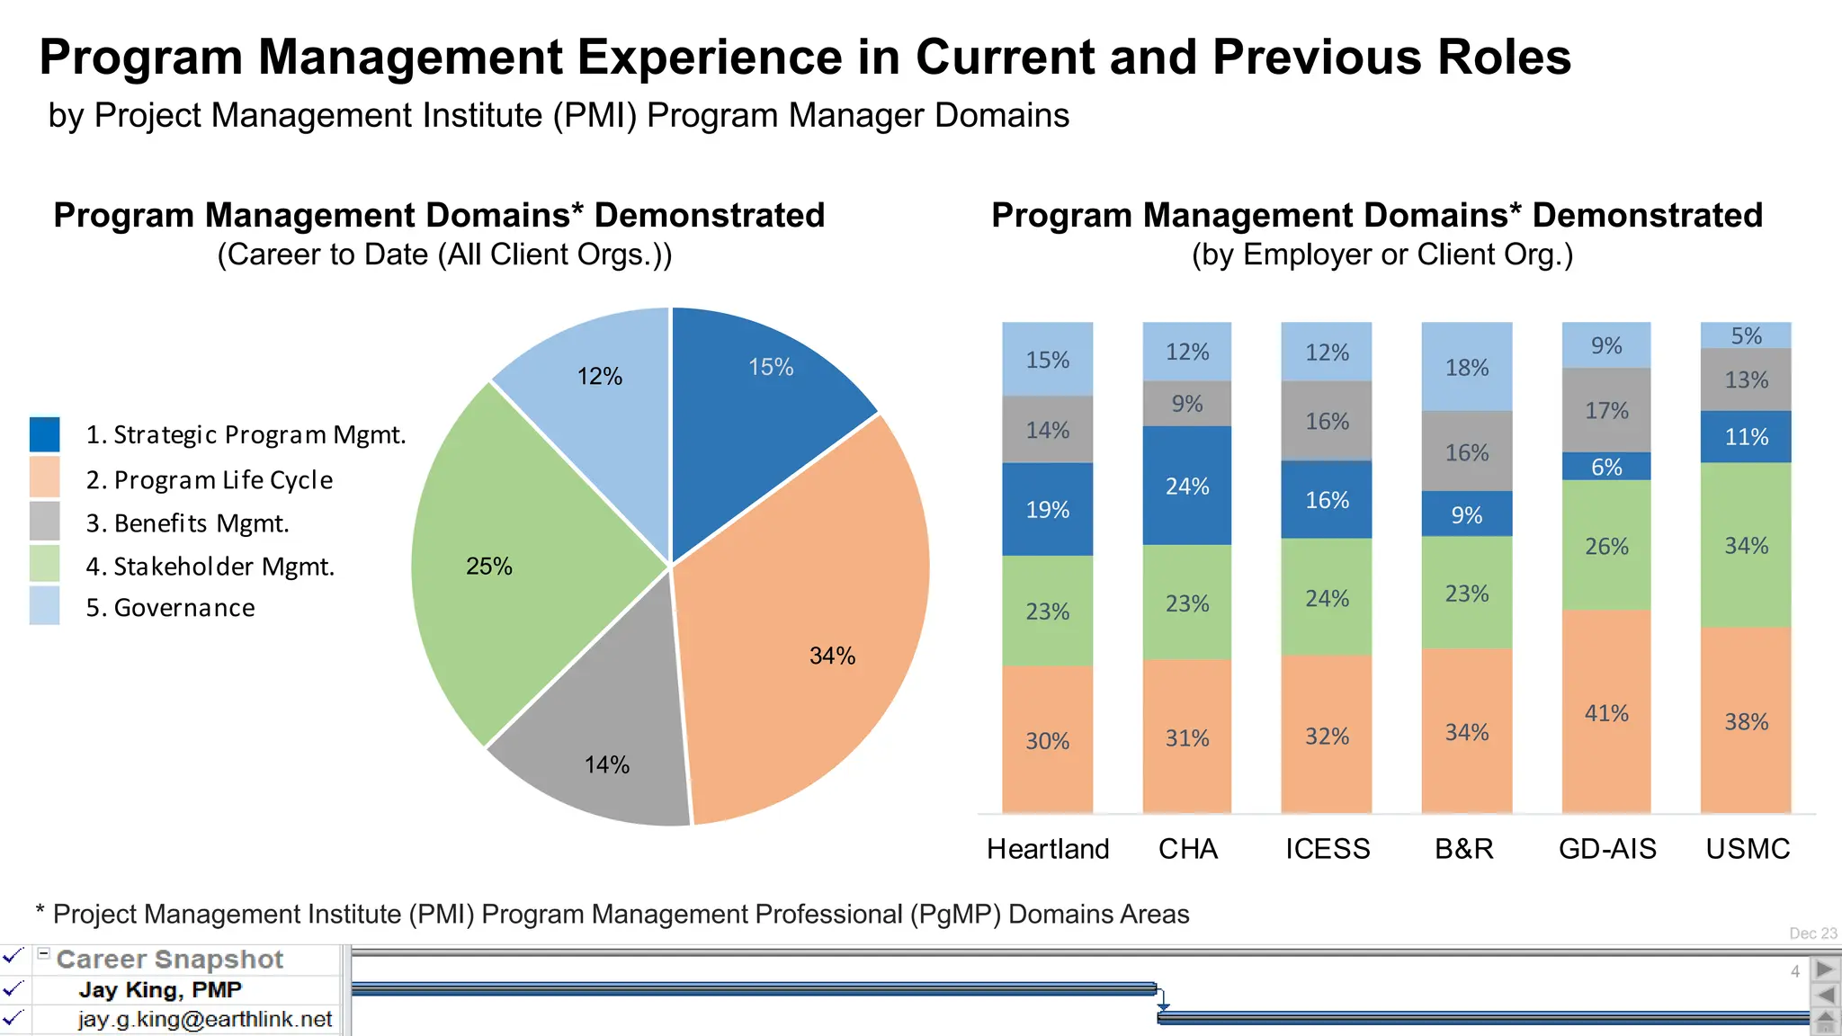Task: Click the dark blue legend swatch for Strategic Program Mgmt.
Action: (44, 434)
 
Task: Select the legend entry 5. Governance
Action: (170, 608)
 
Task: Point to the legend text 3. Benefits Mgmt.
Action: (187, 523)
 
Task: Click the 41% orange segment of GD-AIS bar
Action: (1606, 712)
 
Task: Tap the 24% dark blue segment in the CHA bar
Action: (1187, 486)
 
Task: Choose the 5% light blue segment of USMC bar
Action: (1746, 335)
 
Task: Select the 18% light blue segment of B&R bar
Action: (1466, 367)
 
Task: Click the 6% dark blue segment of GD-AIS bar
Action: (1606, 467)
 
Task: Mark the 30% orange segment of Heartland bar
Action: (1047, 740)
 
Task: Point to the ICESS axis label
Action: (1327, 849)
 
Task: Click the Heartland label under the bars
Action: (1047, 849)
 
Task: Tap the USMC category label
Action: (1747, 849)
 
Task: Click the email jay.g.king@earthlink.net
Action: (204, 1020)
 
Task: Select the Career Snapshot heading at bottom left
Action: (169, 960)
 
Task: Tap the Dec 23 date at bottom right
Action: (1812, 933)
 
